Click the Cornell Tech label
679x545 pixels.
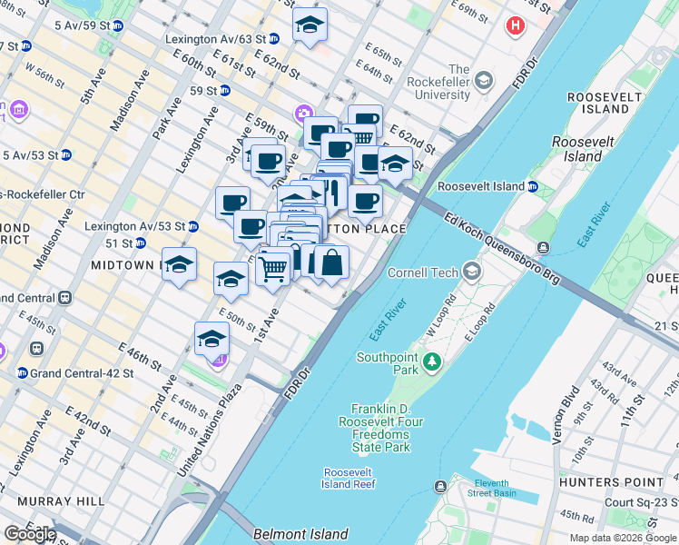click(424, 272)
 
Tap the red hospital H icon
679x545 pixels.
click(516, 25)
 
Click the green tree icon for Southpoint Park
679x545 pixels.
click(433, 363)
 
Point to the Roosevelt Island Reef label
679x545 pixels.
click(349, 478)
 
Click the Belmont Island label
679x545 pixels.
click(288, 534)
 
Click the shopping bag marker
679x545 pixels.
click(332, 262)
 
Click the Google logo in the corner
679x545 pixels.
click(29, 534)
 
